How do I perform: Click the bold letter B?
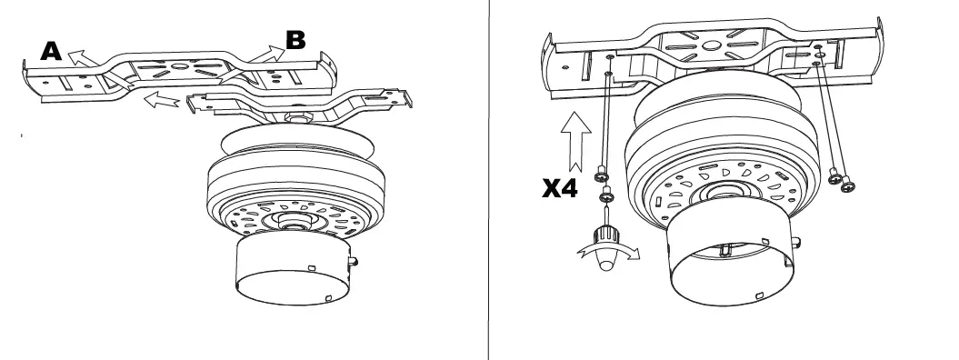pos(295,40)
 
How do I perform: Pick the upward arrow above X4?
pos(574,140)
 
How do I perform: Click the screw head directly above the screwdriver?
pos(605,195)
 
